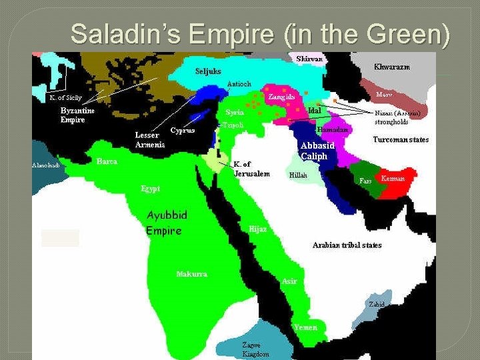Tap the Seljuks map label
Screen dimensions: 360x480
pyautogui.click(x=208, y=71)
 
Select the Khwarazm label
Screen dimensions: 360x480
pyautogui.click(x=391, y=67)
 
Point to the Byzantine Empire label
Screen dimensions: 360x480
pyautogui.click(x=77, y=115)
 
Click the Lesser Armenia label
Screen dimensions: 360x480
pyautogui.click(x=150, y=140)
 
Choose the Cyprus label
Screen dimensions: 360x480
pyautogui.click(x=182, y=130)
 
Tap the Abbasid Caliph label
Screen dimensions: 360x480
pyautogui.click(x=318, y=151)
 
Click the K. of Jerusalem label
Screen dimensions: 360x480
pyautogui.click(x=251, y=169)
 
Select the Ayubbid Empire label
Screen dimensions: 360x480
pyautogui.click(x=167, y=223)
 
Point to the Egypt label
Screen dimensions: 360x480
pyautogui.click(x=150, y=189)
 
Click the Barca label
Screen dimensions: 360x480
pyautogui.click(x=107, y=161)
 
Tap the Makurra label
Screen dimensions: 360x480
pyautogui.click(x=191, y=274)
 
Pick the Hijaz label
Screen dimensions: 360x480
pyautogui.click(x=258, y=229)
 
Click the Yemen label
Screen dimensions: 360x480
pyautogui.click(x=306, y=327)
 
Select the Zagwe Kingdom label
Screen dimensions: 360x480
pyautogui.click(x=255, y=349)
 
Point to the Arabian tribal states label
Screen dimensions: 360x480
pyautogui.click(x=347, y=245)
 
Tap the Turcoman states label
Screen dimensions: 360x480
pyautogui.click(x=401, y=140)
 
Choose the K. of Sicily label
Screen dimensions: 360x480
pyautogui.click(x=66, y=97)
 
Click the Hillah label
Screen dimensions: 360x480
pyautogui.click(x=298, y=175)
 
